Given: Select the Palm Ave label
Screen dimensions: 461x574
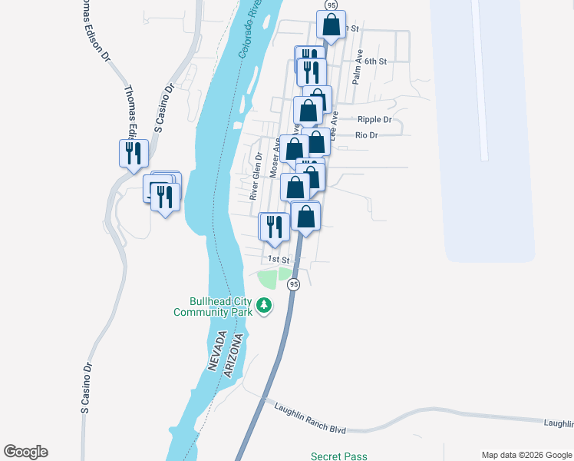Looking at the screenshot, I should click(x=357, y=73).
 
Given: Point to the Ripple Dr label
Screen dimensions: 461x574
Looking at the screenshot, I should click(x=374, y=120).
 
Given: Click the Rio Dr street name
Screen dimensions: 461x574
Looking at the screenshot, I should click(x=367, y=135).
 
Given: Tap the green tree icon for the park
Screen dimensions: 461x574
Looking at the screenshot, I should click(x=264, y=307).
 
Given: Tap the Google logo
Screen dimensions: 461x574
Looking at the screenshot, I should click(x=25, y=452).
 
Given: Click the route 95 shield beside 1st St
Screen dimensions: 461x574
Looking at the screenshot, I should click(x=293, y=284).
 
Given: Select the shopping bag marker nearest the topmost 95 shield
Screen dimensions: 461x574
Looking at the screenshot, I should click(x=332, y=25).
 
